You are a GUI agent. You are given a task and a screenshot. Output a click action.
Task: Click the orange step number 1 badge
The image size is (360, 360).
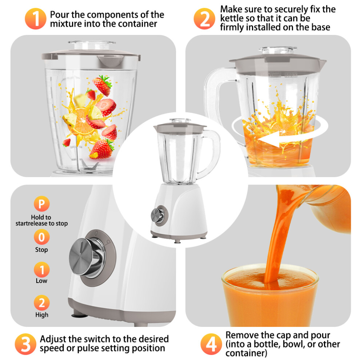[x=36, y=19]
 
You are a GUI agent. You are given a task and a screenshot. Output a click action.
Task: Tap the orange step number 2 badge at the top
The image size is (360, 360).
[x=205, y=19]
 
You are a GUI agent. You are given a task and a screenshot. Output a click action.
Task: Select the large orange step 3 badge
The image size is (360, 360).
[x=26, y=344]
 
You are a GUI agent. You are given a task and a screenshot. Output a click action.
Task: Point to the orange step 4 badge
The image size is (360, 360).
[x=211, y=344]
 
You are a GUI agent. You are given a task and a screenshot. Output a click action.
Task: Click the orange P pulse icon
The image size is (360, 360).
[x=41, y=204]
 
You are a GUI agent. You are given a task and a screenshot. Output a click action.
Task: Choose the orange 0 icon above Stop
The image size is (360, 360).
[x=41, y=237]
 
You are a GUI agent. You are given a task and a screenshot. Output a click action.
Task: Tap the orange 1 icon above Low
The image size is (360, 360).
[x=41, y=270]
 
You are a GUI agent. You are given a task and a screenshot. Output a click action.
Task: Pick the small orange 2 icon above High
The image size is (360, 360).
[x=41, y=303]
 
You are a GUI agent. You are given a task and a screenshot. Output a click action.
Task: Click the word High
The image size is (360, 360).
[x=42, y=315]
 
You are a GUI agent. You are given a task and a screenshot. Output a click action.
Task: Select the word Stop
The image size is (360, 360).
[x=41, y=249]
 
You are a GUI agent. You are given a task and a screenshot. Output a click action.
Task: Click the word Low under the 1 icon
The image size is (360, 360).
[x=41, y=281]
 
